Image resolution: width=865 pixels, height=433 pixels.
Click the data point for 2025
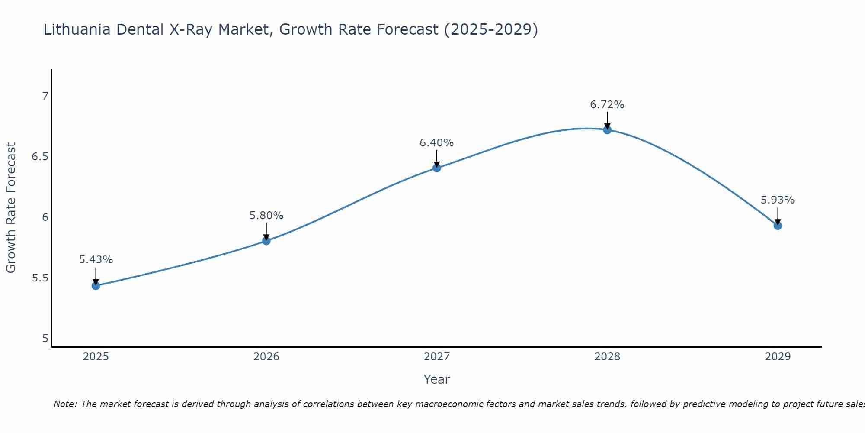96,286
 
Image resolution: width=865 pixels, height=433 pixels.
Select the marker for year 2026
266,241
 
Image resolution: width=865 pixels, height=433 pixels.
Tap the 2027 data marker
437,168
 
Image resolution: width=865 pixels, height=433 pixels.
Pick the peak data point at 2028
607,129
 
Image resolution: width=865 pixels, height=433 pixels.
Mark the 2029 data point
778,226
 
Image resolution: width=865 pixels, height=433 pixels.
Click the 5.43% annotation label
96,260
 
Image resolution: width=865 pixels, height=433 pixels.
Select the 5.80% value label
266,216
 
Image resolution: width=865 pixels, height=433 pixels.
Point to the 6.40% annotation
437,143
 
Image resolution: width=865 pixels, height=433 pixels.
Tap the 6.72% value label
607,105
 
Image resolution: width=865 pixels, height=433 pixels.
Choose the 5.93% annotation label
778,200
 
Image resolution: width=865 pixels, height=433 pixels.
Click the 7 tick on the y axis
45,96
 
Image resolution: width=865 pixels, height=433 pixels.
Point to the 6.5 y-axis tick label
40,157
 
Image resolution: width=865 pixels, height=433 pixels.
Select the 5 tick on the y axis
45,339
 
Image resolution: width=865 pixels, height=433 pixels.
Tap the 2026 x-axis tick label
266,357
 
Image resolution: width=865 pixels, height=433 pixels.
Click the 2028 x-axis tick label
607,357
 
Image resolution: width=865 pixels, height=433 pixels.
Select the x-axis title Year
437,379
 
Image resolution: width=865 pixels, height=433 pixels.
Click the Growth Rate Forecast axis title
11,208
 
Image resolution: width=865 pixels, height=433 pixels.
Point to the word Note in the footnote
65,404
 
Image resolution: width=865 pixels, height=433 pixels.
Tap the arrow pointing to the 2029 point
778,216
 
